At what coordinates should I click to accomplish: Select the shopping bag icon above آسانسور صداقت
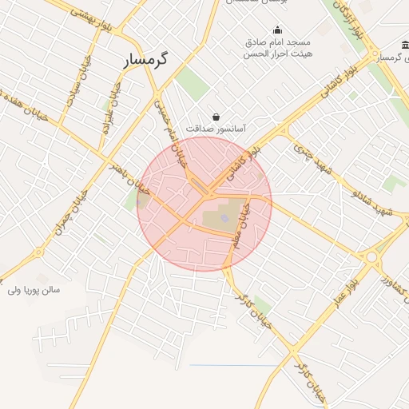(216, 117)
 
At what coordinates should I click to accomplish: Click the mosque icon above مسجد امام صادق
(277, 30)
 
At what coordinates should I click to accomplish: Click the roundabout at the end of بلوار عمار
(371, 257)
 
